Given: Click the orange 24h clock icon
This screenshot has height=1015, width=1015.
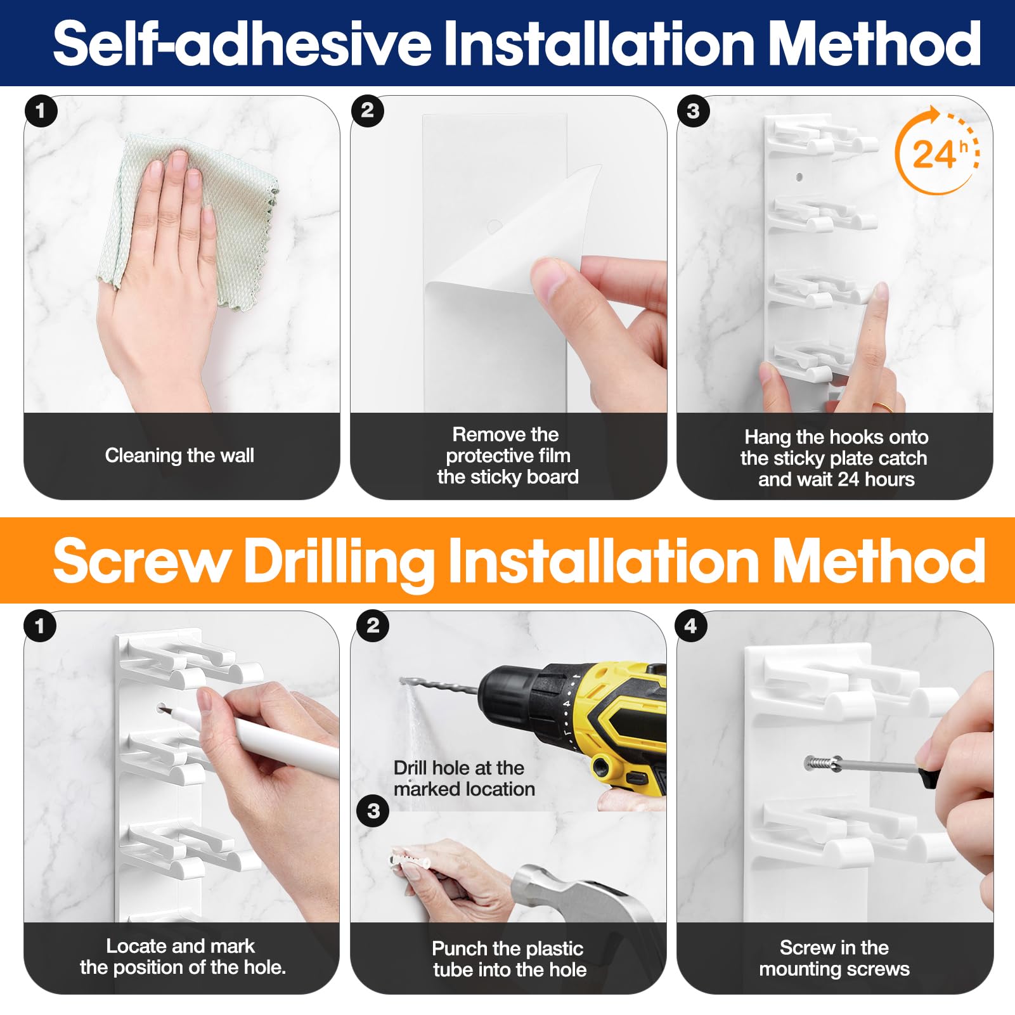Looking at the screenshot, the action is pos(937,150).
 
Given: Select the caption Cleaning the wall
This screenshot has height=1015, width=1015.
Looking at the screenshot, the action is pos(179,455).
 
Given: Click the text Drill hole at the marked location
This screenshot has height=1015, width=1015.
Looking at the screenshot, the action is pos(464,779).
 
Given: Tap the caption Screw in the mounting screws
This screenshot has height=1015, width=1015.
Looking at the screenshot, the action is pos(834,958).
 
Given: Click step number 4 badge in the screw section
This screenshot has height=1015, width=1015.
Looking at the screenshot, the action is pos(692,626).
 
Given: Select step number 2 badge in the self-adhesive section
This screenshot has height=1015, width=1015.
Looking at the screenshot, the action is pos(367,111).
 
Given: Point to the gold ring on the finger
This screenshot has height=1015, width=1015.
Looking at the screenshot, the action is pos(884,406).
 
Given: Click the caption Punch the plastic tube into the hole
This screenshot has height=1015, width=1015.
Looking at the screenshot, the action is pos(509,959).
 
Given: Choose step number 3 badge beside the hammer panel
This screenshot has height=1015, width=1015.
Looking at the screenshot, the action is pos(373,811).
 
